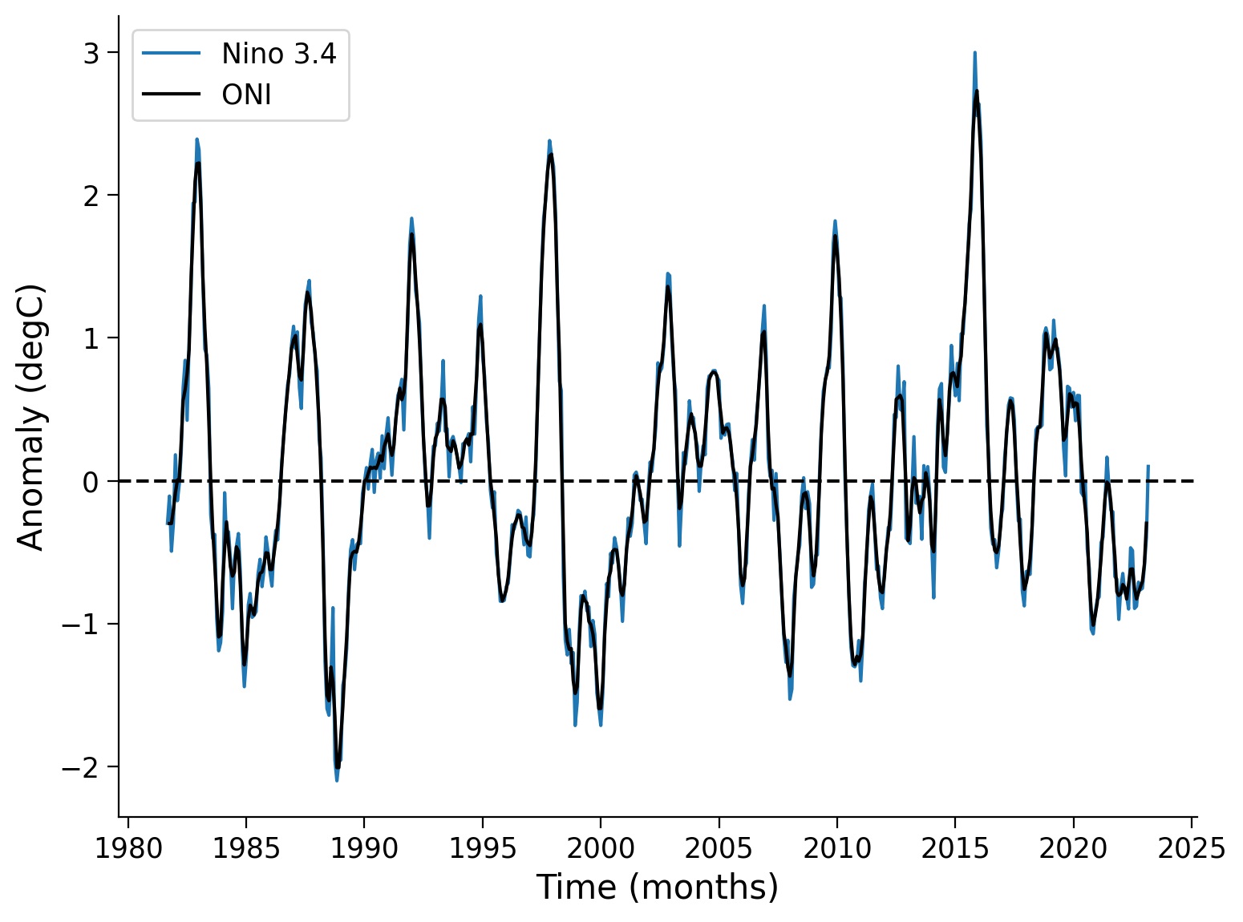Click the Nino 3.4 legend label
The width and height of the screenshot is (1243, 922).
coord(279,54)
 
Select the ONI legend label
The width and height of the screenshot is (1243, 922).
coord(246,95)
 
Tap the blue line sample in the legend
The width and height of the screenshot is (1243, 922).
coord(172,54)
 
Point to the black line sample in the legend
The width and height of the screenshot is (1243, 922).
coord(172,95)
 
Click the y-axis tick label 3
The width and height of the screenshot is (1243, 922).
coord(91,53)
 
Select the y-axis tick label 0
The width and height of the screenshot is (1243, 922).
coord(91,481)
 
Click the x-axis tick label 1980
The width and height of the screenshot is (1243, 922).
coord(128,848)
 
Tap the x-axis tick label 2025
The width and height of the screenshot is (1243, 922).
coord(1191,848)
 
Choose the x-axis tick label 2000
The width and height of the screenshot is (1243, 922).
coord(600,848)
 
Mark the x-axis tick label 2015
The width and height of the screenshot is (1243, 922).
coord(954,848)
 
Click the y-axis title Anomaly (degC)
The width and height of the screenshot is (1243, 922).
coord(31,417)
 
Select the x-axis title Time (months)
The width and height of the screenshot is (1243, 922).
coord(657,888)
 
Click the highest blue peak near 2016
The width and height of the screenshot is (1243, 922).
coord(974,53)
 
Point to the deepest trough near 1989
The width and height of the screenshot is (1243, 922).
coord(337,780)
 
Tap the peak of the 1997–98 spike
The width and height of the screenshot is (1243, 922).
coord(549,140)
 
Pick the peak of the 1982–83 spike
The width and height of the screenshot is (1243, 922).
coord(196,140)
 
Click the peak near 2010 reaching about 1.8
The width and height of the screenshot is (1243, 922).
coord(835,220)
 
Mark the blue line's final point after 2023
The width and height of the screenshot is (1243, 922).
coord(1148,466)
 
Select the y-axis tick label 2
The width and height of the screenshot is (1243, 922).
coord(91,196)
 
